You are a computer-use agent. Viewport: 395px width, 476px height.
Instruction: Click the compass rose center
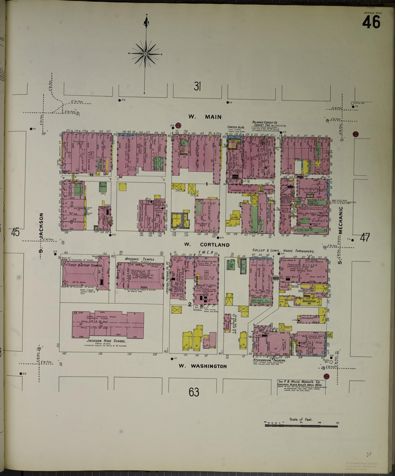[145, 54]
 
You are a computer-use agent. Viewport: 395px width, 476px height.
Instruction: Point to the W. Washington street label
[203, 366]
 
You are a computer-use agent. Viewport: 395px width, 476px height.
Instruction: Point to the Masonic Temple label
[139, 259]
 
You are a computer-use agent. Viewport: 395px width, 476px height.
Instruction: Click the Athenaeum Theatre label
[270, 361]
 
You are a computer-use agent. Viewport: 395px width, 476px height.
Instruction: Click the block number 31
[197, 87]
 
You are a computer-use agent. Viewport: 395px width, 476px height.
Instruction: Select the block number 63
[194, 392]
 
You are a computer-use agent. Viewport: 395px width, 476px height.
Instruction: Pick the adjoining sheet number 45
[15, 233]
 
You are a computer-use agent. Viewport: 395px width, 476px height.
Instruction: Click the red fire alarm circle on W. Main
[178, 125]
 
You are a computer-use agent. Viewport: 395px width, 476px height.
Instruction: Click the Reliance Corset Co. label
[264, 122]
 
